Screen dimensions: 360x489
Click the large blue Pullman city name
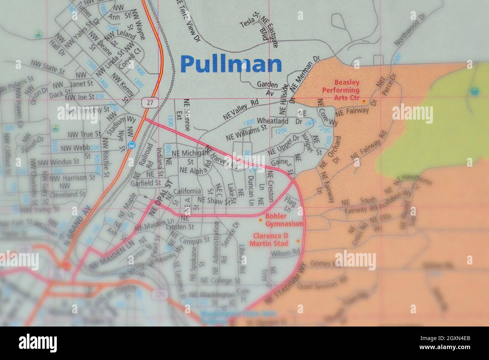231,64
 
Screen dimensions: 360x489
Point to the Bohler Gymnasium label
284,220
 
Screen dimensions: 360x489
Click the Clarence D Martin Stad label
270,239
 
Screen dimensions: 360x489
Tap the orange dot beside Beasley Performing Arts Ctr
364,101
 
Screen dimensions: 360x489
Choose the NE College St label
220,280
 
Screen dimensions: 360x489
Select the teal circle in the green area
475,91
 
